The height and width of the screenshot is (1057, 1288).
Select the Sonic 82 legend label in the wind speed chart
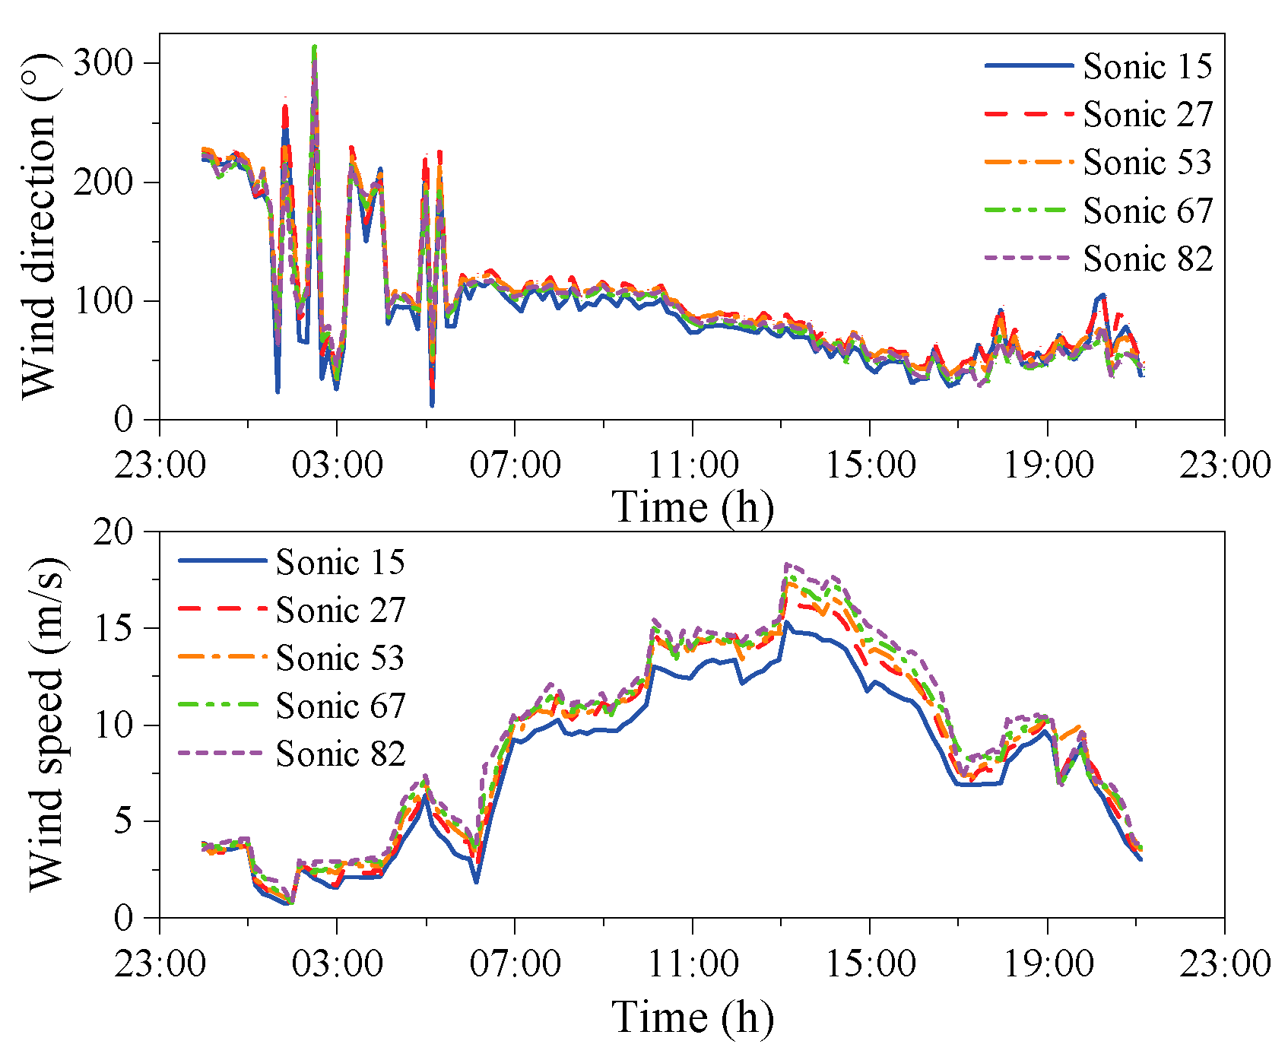tap(340, 754)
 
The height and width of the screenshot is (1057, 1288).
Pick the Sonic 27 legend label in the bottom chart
tap(340, 610)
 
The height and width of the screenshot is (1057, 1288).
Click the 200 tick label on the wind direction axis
tap(105, 182)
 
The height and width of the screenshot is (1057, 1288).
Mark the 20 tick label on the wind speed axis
tap(113, 532)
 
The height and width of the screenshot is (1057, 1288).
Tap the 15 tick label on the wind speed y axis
tap(113, 628)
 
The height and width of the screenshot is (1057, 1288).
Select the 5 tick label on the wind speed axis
tap(124, 821)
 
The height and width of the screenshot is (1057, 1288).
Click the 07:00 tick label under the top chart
tap(515, 463)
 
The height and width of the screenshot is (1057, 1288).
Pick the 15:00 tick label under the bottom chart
tap(870, 963)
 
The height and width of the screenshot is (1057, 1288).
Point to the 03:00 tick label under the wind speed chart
tap(337, 963)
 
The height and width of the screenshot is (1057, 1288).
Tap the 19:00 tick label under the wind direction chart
tap(1048, 463)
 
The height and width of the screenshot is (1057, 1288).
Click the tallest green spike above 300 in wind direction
tap(314, 47)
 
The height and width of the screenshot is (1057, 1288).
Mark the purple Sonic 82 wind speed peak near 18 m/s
tap(786, 564)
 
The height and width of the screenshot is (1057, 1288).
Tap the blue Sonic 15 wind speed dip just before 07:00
tap(476, 881)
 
